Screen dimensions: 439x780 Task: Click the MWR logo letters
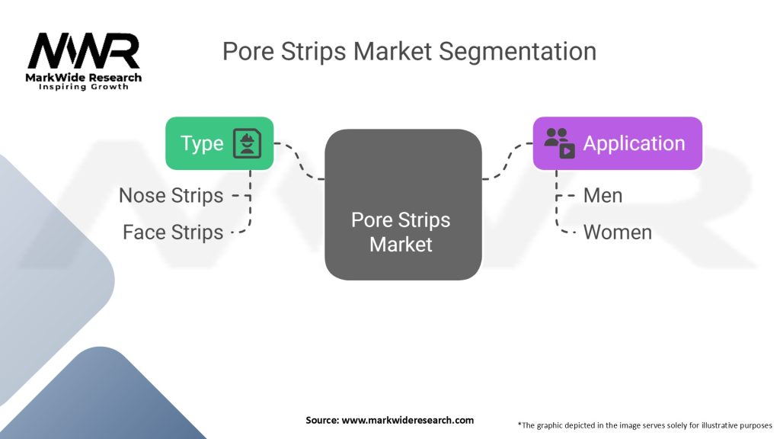pos(84,51)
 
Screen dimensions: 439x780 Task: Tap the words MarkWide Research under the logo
pos(84,77)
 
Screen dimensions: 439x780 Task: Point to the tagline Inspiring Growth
pos(84,87)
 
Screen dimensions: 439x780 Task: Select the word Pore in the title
pos(247,51)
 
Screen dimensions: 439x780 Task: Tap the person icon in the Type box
pos(247,143)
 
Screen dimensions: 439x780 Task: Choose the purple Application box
pos(617,143)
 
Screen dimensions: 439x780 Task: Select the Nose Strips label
pos(171,196)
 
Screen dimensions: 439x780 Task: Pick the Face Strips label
pos(173,232)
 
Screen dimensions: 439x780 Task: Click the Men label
pos(603,196)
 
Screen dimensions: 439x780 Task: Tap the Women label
pos(617,232)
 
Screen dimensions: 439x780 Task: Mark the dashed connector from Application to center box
pos(507,161)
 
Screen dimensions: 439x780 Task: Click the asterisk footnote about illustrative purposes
pos(644,425)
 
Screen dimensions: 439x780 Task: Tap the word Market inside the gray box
pos(401,245)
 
